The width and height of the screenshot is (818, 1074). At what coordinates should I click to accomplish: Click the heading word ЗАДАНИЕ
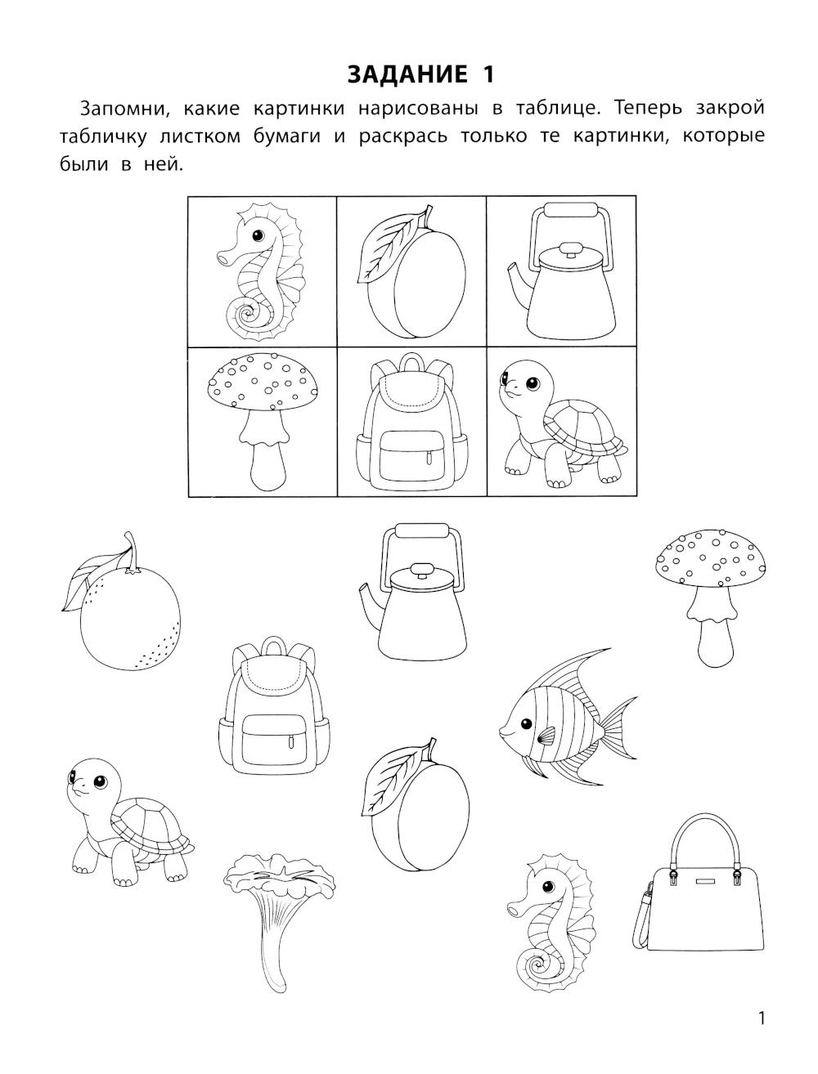point(407,75)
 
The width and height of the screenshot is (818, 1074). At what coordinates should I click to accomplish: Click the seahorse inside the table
point(261,272)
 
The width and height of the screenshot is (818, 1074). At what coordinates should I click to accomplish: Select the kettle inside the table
point(561,272)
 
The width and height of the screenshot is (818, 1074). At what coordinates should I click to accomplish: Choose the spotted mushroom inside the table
point(263,422)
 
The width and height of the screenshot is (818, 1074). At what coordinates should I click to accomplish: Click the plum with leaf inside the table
point(411,272)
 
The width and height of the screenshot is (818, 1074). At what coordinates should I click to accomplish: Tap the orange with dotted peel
point(121,603)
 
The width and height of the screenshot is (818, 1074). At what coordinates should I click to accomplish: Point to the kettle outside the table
point(415,591)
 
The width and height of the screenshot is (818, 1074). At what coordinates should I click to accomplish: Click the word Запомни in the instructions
point(125,109)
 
